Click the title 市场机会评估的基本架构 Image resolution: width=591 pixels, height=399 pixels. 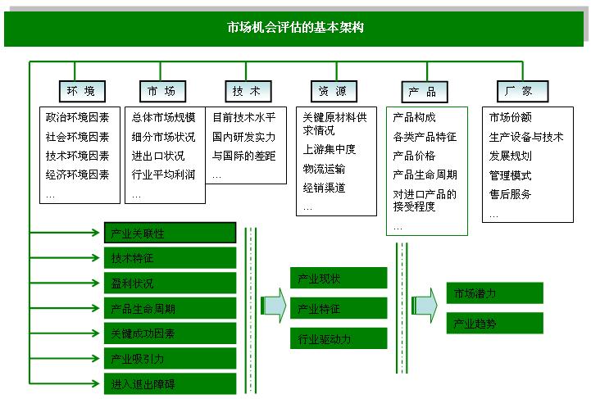(295, 27)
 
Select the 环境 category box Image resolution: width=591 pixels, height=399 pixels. (82, 91)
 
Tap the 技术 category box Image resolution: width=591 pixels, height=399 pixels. (248, 91)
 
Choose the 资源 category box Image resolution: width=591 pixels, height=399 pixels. (334, 91)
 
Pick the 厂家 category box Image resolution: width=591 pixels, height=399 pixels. (522, 91)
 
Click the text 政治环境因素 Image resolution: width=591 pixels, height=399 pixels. (77, 117)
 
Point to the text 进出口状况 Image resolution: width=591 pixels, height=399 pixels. (158, 156)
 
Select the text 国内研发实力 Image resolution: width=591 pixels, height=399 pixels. (244, 136)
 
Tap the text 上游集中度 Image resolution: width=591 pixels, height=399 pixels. (329, 149)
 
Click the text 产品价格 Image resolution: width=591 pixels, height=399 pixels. (414, 156)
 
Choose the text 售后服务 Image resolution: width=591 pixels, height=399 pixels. (510, 194)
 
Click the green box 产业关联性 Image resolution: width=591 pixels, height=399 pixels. (170, 233)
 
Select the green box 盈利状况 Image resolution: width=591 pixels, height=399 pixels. (170, 283)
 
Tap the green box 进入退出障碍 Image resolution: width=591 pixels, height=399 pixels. (170, 384)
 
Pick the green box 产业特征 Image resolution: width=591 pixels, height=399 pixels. (339, 308)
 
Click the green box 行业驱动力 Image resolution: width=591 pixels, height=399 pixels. (339, 338)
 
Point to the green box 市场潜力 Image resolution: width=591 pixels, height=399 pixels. (494, 293)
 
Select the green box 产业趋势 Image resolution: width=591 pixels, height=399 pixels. (494, 324)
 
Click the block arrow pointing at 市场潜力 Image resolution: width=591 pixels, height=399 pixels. (425, 305)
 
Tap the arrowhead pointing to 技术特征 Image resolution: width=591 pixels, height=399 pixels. (96, 258)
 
